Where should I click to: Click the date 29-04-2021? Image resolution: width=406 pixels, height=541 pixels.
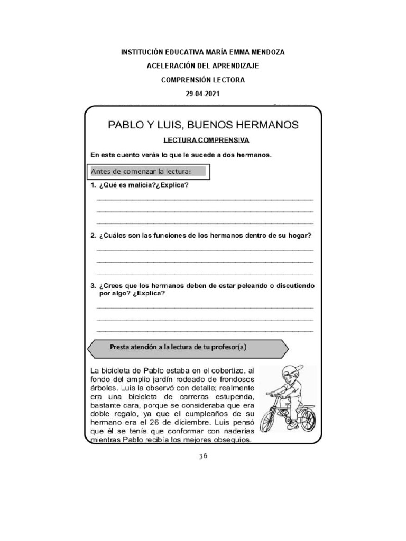click(203, 94)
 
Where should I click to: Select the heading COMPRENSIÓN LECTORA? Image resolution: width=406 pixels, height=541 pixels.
click(203, 80)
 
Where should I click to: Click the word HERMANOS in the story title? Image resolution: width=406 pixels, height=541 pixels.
click(263, 125)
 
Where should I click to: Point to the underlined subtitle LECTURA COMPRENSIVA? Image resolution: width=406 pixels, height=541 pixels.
click(206, 141)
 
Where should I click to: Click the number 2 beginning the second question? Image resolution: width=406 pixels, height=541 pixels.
click(92, 236)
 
